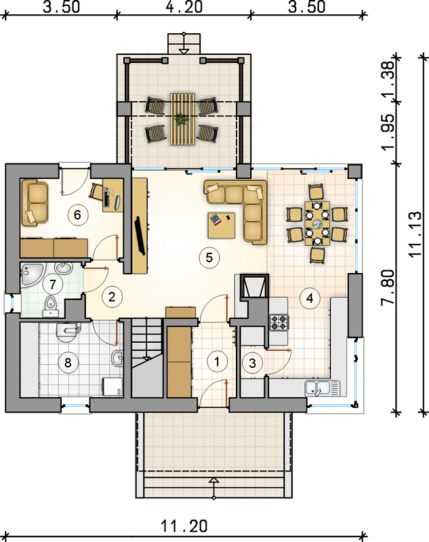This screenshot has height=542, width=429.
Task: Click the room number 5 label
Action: (x=209, y=257)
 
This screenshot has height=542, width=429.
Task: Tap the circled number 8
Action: (x=68, y=363)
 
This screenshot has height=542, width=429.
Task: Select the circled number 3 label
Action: (x=252, y=363)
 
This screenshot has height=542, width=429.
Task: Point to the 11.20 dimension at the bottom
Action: (x=184, y=526)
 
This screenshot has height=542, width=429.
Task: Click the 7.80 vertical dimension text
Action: (x=388, y=287)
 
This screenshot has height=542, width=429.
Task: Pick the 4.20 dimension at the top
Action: (x=184, y=7)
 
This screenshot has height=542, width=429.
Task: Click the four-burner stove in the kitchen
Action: (x=279, y=322)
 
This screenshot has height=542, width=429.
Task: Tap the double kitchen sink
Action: (x=323, y=388)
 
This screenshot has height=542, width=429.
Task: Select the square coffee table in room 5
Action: (x=222, y=226)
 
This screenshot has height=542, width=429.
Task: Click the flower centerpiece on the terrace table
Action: (x=182, y=119)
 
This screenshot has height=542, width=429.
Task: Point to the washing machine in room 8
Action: (x=113, y=387)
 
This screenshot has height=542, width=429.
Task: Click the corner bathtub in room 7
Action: (x=31, y=275)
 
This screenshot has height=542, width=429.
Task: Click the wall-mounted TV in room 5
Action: (x=141, y=235)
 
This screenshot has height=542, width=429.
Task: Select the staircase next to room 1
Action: (x=147, y=358)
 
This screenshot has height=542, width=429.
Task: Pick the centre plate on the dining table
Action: (x=317, y=224)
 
